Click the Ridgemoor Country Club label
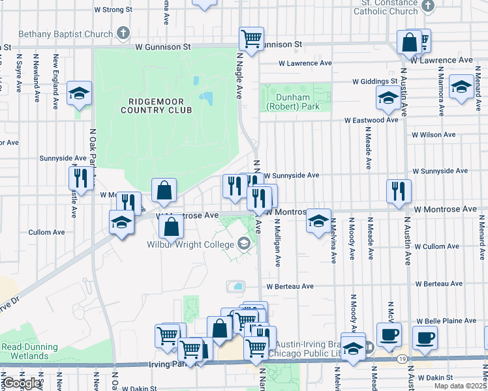[x=156, y=106]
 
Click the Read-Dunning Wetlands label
[x=29, y=352]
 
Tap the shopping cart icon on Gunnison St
[x=251, y=38]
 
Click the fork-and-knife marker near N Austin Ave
[x=399, y=191]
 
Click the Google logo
[x=21, y=383]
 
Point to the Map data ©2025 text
[x=460, y=386]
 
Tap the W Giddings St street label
[x=375, y=81]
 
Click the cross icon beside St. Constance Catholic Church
[x=428, y=7]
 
